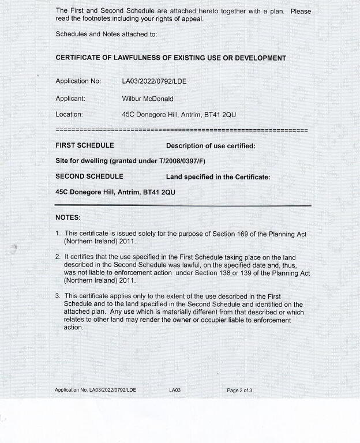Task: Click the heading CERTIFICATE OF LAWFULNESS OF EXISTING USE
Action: tap(170, 58)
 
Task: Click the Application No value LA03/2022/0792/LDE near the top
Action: tap(154, 81)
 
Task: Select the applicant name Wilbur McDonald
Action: tap(148, 99)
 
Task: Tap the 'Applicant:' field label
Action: tap(70, 99)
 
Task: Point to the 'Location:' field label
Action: tap(69, 115)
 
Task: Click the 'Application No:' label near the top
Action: tap(78, 81)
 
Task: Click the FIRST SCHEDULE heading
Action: tap(84, 145)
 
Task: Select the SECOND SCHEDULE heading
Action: tap(89, 177)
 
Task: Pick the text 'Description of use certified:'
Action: tap(211, 146)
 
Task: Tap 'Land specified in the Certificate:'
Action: tap(217, 177)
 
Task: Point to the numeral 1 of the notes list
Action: tap(58, 234)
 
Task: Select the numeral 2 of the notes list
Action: tap(58, 256)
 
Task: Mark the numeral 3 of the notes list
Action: tap(58, 296)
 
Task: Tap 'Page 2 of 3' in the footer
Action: tap(239, 391)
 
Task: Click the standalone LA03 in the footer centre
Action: tap(175, 391)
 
